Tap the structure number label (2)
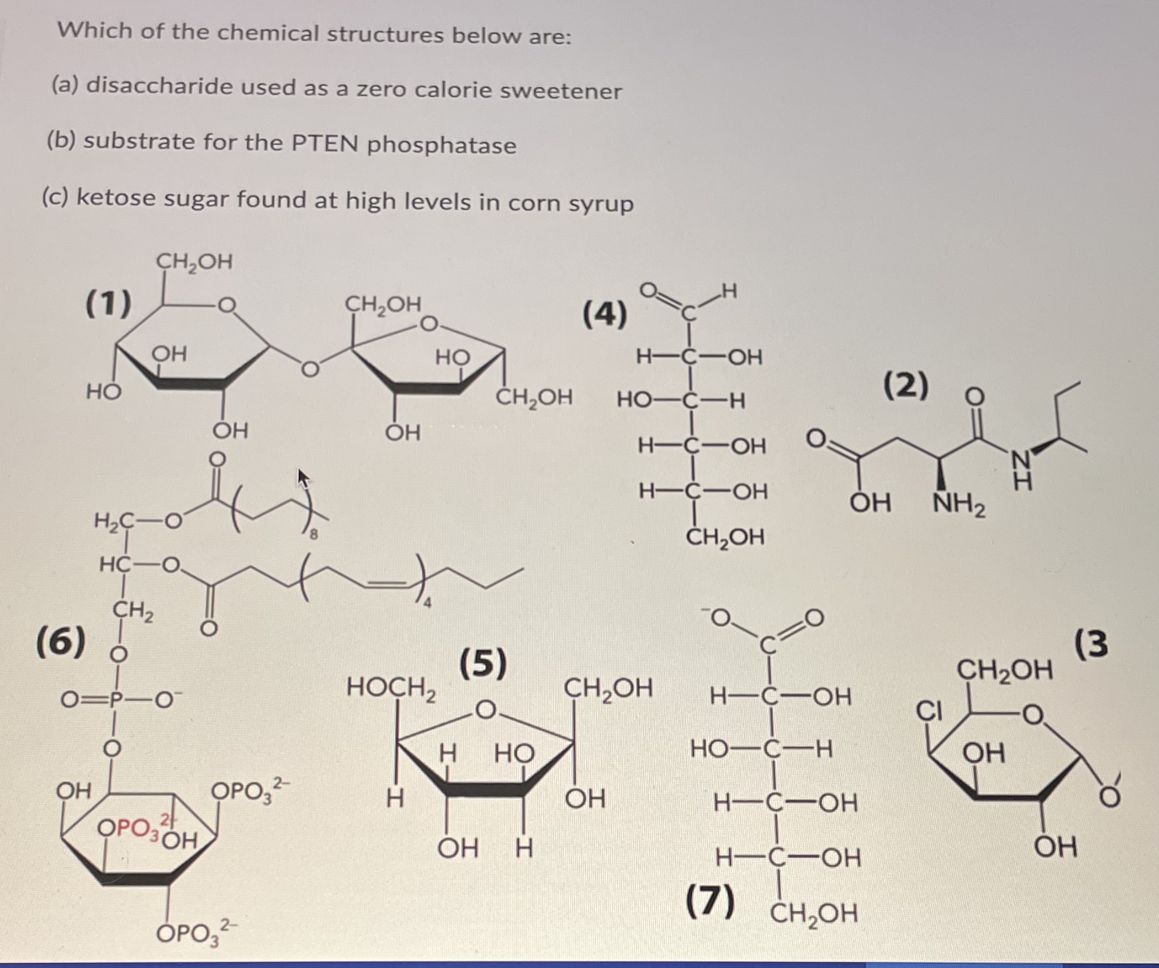[x=906, y=386]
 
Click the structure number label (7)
[x=710, y=900]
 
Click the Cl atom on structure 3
[x=929, y=711]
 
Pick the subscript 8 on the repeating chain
[x=313, y=534]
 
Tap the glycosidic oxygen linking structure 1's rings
[x=310, y=368]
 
